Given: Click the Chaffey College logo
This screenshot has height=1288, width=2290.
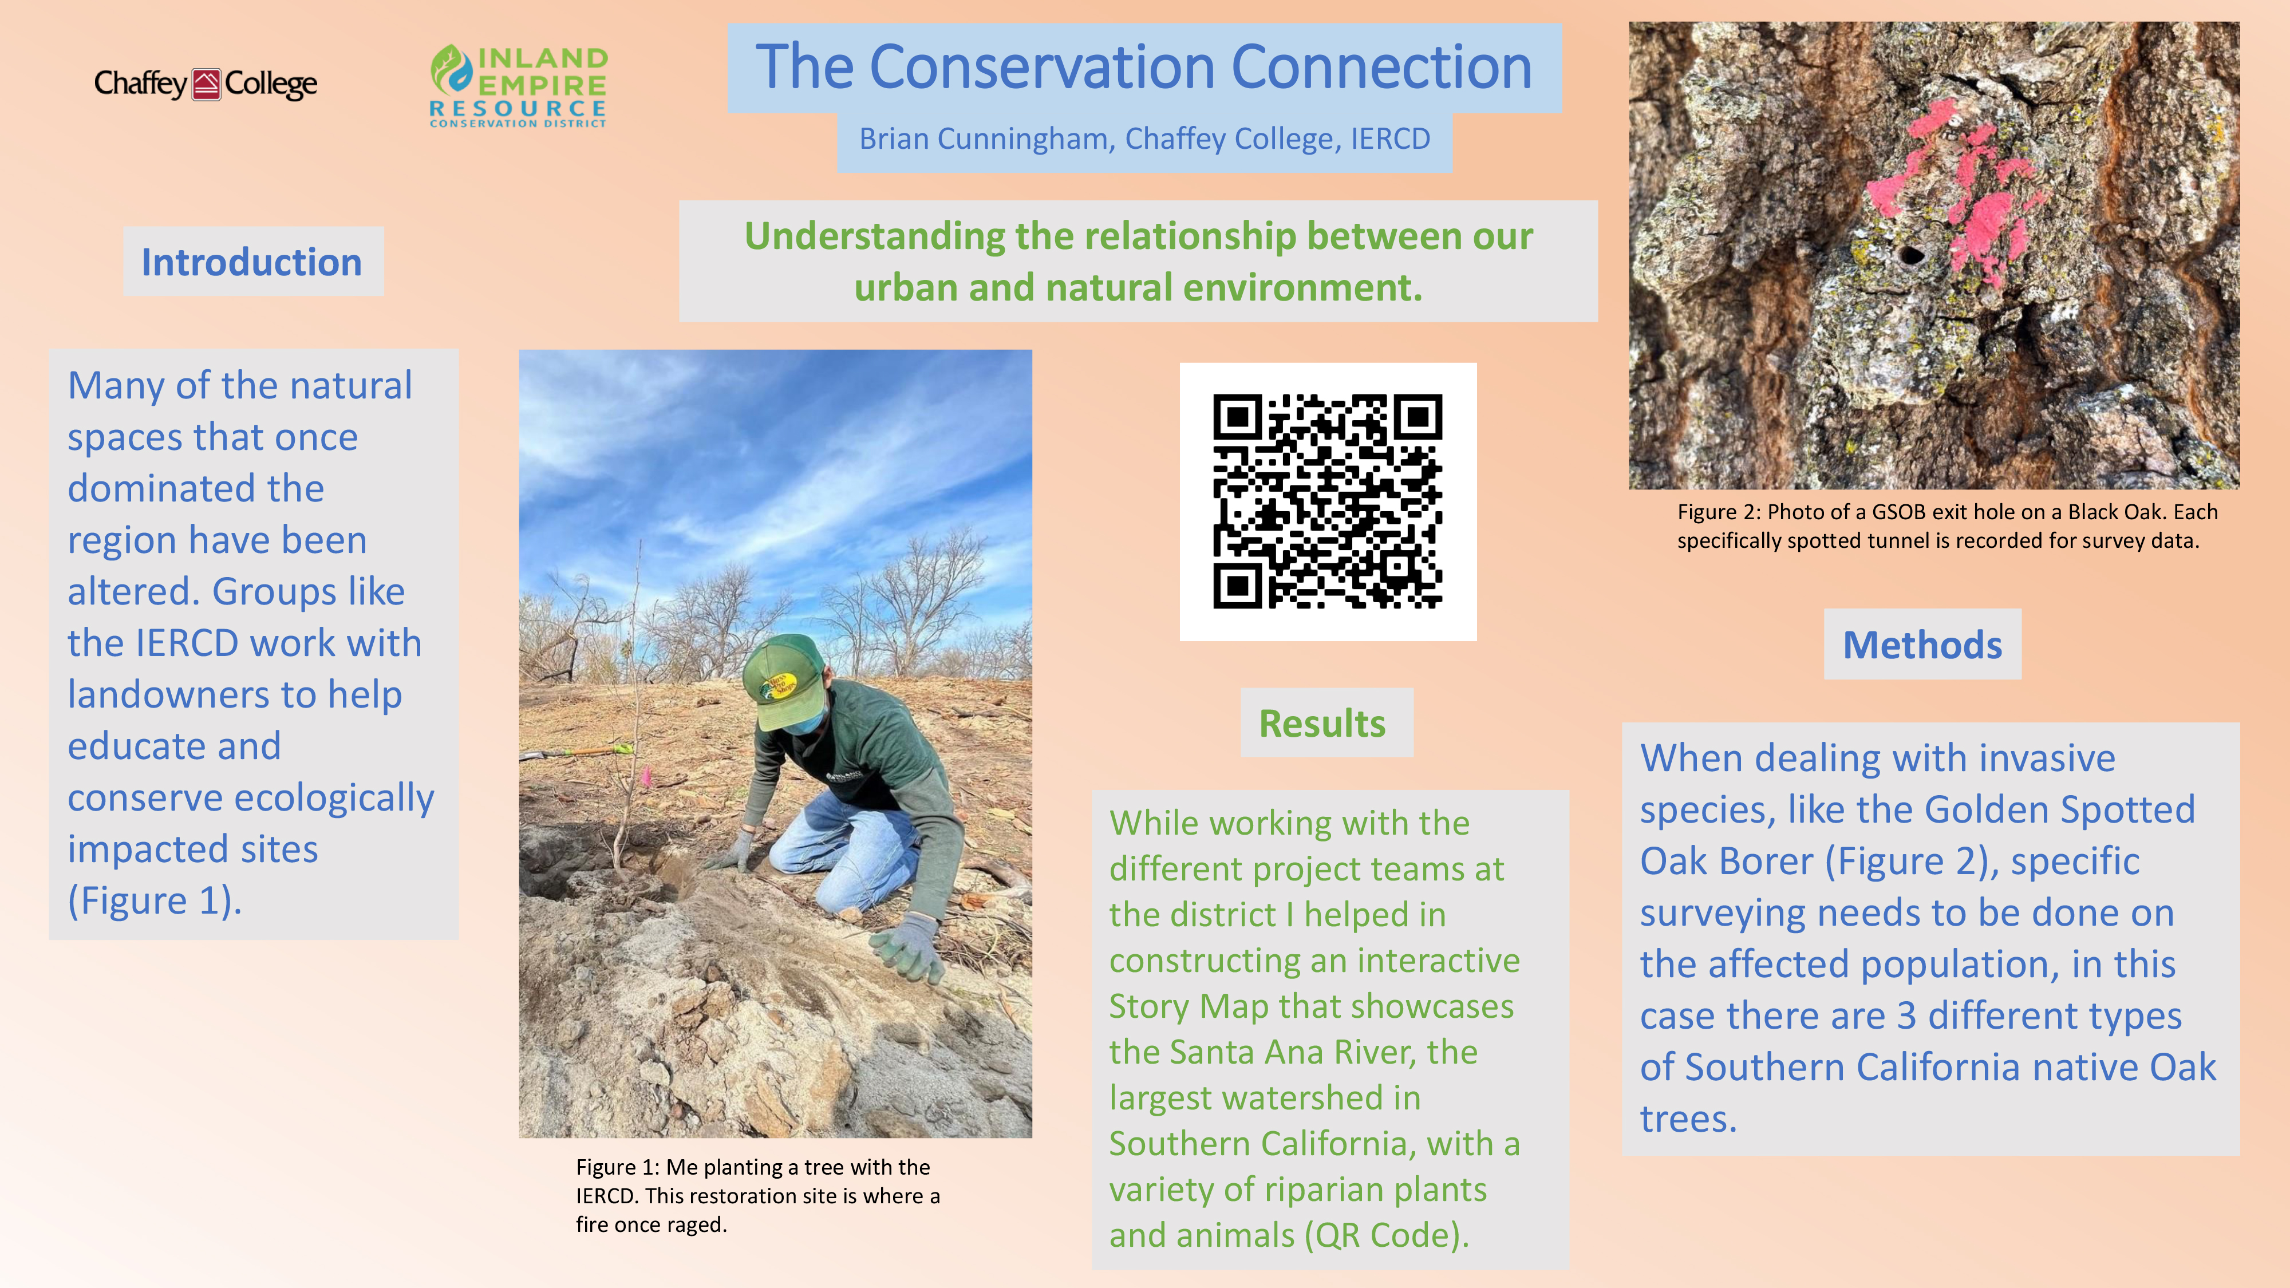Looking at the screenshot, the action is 206,84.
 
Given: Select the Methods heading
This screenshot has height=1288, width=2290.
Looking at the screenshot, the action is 1922,645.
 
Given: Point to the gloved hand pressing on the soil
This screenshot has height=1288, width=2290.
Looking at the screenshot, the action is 911,949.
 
